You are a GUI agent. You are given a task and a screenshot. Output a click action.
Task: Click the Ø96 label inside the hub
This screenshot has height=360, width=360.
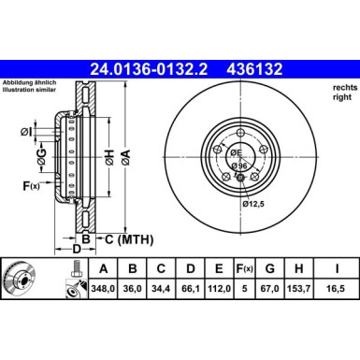coord(238,166)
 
